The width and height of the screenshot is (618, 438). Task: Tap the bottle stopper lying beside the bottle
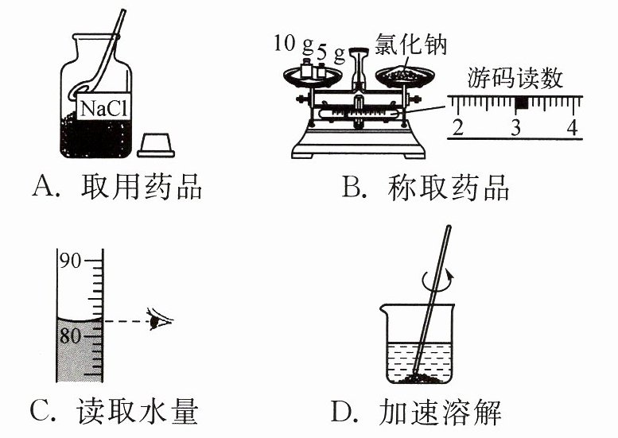156,144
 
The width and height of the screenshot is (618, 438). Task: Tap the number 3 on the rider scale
515,127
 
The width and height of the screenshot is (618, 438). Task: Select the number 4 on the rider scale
571,127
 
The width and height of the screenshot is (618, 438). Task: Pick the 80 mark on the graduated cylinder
71,335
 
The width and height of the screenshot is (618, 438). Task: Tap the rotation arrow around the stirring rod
437,279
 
